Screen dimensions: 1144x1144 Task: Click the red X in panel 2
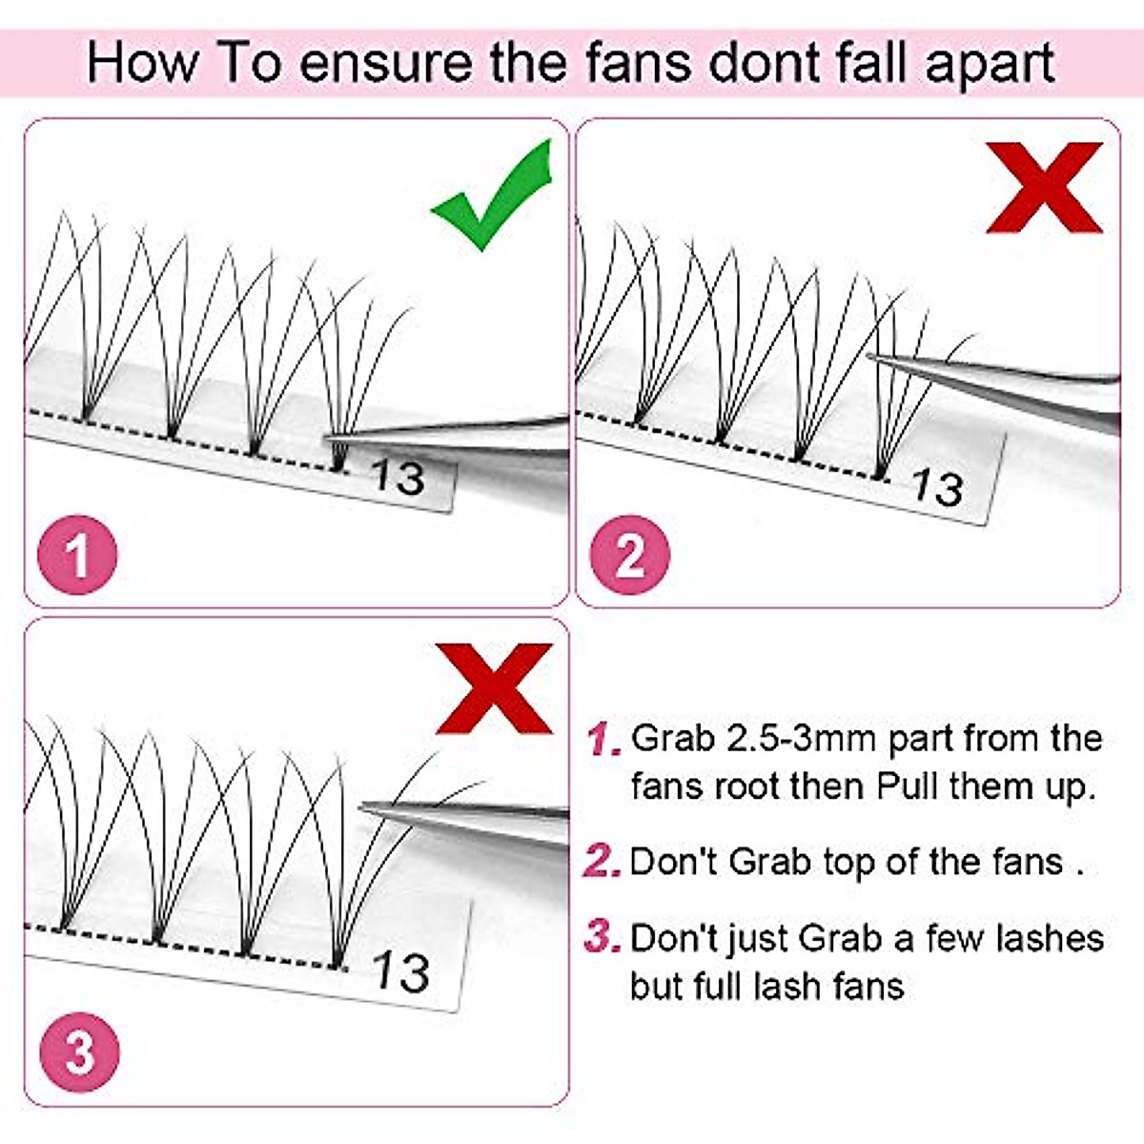point(1045,188)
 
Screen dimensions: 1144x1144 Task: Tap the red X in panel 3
point(495,687)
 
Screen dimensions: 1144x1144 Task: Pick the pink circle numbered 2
point(630,555)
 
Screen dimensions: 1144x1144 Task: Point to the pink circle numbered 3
point(79,1052)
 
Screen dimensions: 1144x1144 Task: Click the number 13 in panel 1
point(398,475)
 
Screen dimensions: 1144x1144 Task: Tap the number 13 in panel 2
point(937,487)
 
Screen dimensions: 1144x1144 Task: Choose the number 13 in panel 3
point(400,971)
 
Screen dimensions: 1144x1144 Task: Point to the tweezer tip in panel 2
point(872,357)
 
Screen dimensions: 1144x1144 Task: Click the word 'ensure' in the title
point(386,63)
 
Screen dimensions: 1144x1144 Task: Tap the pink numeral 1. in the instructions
point(603,739)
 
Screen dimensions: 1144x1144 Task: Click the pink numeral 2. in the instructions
point(603,861)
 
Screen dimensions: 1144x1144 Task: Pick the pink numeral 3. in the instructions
point(603,937)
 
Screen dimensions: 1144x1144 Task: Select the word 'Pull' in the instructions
point(909,786)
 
